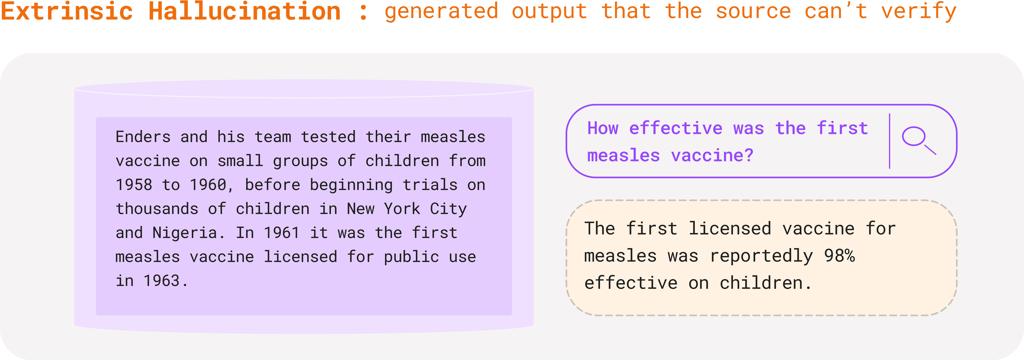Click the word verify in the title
[x=919, y=12]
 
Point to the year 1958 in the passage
[x=134, y=185]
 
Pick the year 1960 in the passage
[x=208, y=185]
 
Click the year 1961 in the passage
[x=282, y=233]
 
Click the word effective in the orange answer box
[x=631, y=283]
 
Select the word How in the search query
[x=603, y=128]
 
